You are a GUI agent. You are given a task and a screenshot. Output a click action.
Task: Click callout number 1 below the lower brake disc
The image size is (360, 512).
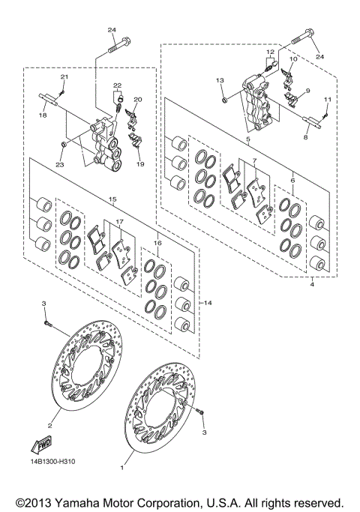tap(122, 466)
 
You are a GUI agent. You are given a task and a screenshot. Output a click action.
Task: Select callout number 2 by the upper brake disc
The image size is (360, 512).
tap(49, 426)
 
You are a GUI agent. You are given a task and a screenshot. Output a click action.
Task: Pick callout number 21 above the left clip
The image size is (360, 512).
tap(64, 78)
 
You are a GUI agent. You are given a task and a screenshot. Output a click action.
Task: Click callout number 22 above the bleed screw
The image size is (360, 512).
tap(118, 85)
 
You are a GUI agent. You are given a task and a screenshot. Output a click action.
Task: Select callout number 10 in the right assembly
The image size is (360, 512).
tap(294, 58)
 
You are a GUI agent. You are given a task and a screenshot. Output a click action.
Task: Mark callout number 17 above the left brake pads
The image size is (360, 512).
tap(118, 223)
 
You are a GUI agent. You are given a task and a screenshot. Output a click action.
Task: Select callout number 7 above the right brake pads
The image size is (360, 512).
tap(254, 160)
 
